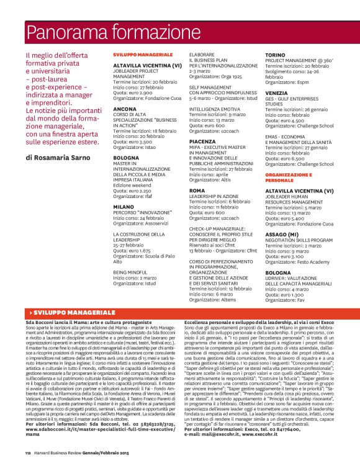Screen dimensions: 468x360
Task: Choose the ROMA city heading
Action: pyautogui.click(x=197, y=191)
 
